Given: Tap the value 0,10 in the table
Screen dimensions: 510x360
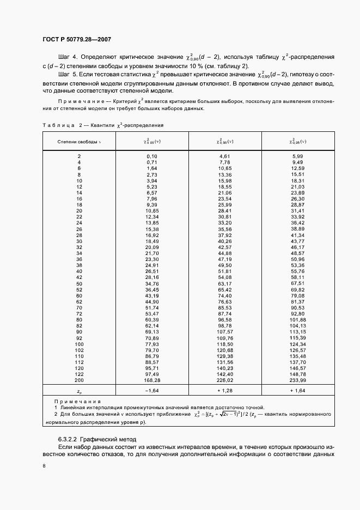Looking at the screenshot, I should point(152,156).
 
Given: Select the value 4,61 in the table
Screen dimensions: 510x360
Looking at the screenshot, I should point(225,156).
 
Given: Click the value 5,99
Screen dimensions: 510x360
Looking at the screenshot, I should point(297,156).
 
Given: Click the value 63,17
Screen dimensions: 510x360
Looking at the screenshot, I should point(225,284).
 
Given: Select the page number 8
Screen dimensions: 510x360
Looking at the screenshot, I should point(44,466).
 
